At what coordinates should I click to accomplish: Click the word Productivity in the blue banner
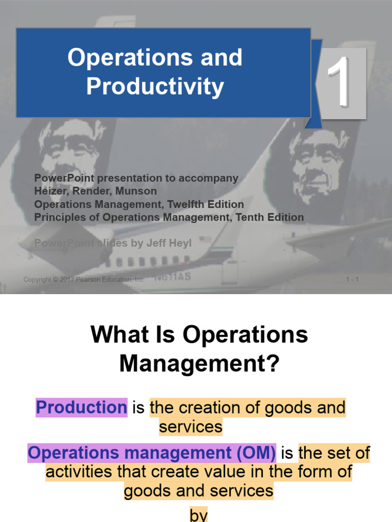point(155,86)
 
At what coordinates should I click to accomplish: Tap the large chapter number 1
point(337,83)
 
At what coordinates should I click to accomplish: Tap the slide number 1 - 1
point(352,279)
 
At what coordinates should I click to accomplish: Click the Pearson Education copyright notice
point(84,279)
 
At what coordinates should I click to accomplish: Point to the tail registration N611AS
point(174,276)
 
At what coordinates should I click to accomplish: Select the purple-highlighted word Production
point(81,408)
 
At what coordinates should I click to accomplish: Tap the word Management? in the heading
point(200,364)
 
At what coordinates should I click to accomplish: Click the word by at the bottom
point(199,515)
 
